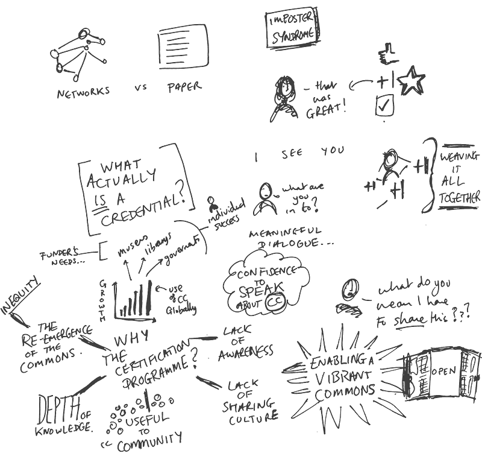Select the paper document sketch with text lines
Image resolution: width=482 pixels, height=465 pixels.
(180, 44)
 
